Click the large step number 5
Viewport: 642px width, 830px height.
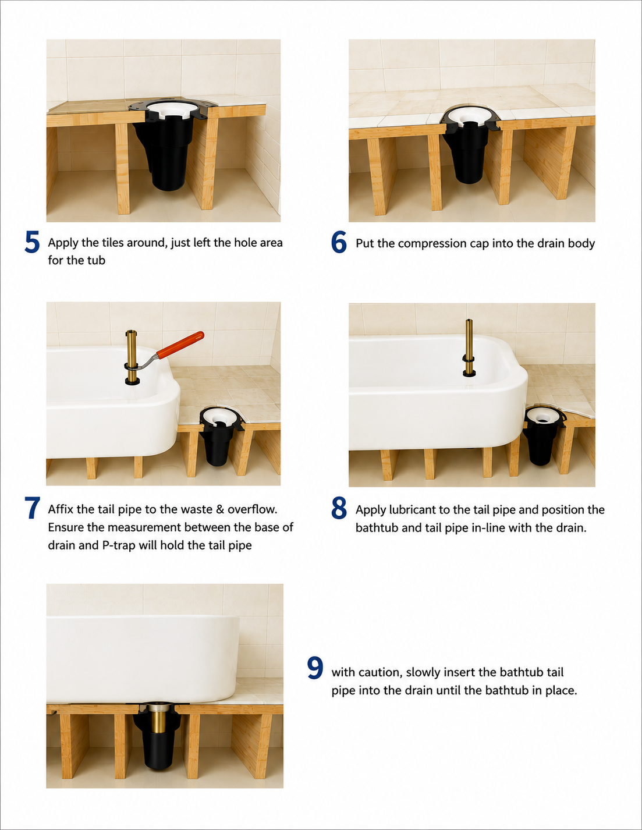point(32,242)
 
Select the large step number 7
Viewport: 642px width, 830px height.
point(32,508)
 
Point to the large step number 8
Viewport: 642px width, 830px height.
point(339,508)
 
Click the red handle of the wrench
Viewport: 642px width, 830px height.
point(180,345)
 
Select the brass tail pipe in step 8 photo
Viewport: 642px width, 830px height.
point(469,347)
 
